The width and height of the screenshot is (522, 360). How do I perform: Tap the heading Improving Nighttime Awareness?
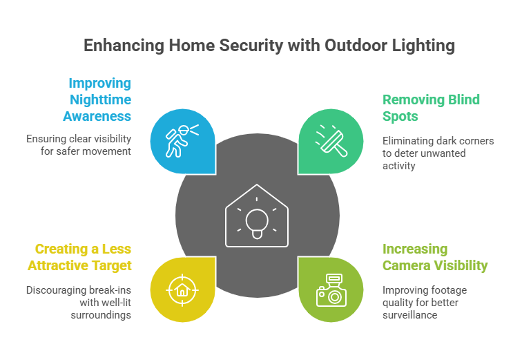coord(99,100)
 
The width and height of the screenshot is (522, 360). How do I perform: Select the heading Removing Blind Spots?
coord(431,108)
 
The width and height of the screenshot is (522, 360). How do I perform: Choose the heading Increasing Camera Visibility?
coord(435,257)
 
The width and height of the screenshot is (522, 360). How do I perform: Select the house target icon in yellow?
coord(182,289)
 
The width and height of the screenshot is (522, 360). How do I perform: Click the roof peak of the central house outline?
coord(257,186)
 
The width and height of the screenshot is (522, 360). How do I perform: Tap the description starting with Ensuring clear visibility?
coord(79,144)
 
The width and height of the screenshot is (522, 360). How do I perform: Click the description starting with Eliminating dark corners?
coord(438,153)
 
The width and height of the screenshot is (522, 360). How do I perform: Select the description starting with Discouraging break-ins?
coord(79,302)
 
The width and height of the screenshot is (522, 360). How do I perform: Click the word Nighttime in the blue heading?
coord(99,100)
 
